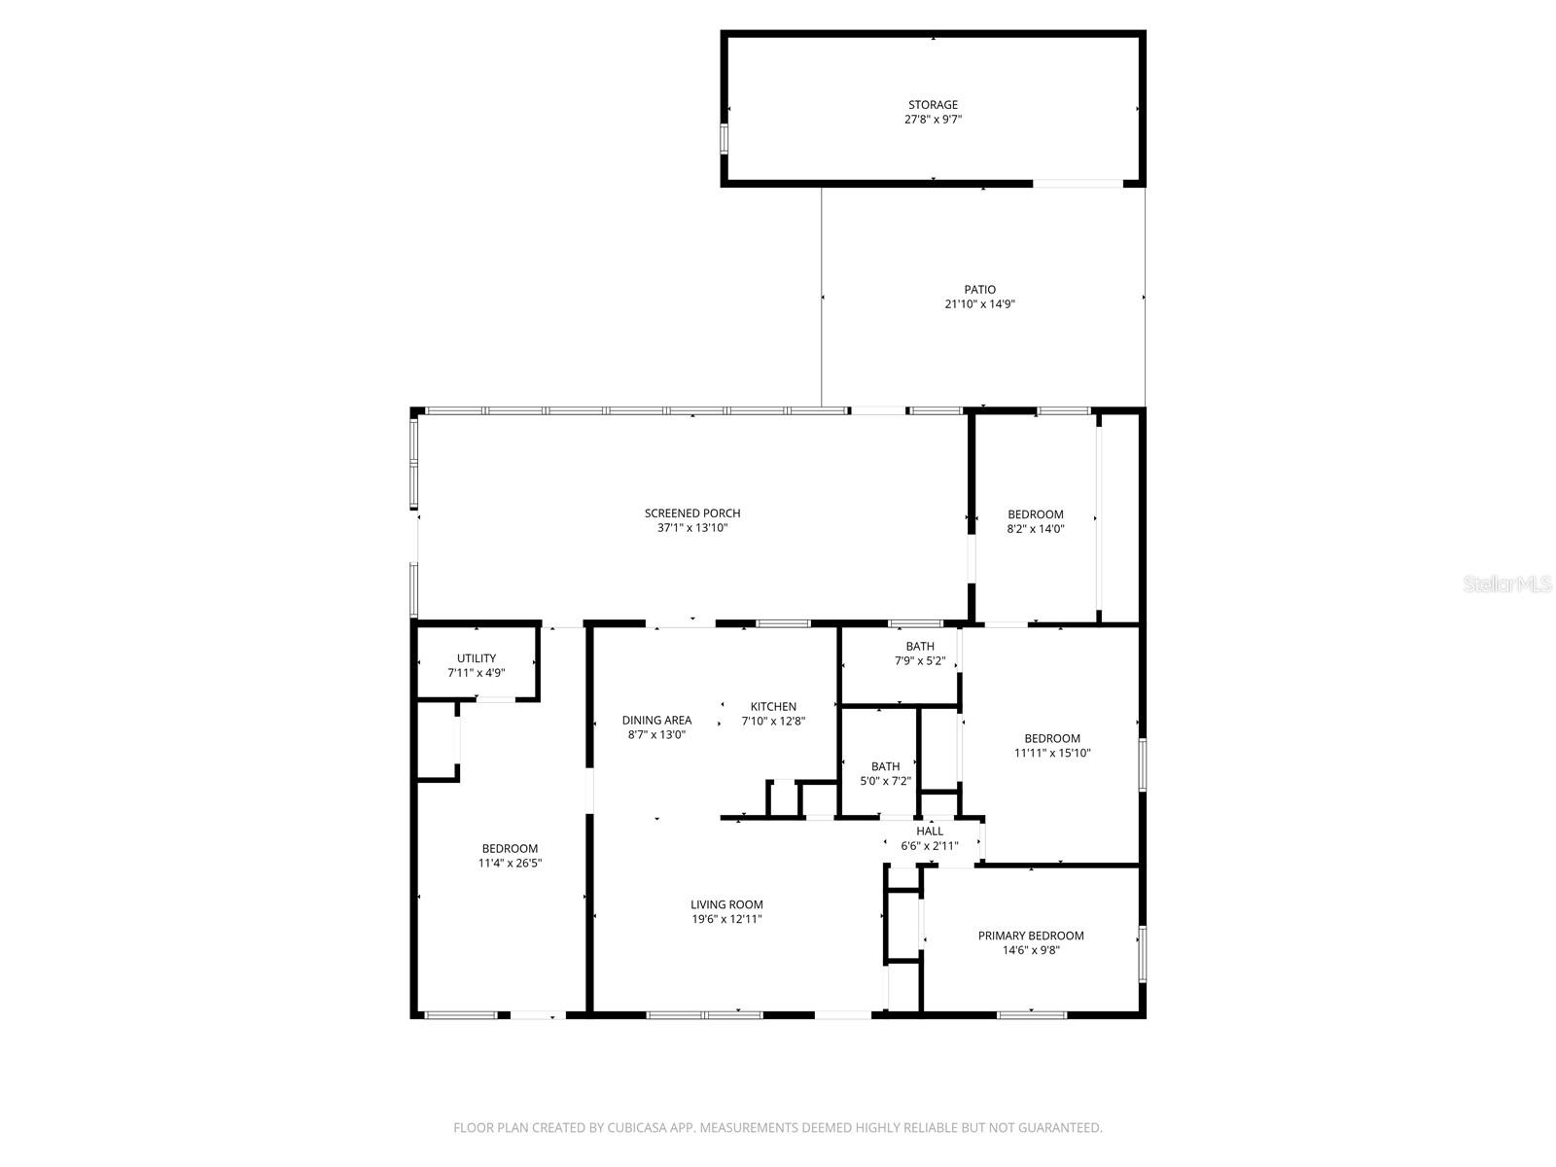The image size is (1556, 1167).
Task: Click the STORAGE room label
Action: (933, 104)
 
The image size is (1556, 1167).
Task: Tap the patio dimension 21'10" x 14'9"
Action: (979, 304)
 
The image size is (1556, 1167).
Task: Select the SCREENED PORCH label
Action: (692, 513)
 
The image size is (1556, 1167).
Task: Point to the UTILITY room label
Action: (477, 658)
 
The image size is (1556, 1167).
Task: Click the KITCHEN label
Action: (773, 707)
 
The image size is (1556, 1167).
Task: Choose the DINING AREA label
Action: (656, 721)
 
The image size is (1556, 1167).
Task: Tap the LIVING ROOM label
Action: (726, 904)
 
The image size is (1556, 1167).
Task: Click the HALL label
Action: (930, 831)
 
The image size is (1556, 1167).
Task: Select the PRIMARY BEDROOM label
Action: (1031, 936)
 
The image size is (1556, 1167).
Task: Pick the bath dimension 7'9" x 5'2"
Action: (920, 661)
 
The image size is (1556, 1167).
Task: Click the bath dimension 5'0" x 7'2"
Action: (885, 781)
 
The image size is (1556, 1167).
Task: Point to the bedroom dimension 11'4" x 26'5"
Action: (510, 864)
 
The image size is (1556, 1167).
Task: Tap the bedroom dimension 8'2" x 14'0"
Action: (1036, 529)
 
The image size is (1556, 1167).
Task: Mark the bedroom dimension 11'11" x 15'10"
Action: (1052, 753)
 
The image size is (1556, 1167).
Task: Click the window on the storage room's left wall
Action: (724, 138)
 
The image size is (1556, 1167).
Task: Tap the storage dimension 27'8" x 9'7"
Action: (933, 120)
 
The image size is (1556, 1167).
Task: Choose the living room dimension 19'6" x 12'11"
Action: (726, 919)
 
